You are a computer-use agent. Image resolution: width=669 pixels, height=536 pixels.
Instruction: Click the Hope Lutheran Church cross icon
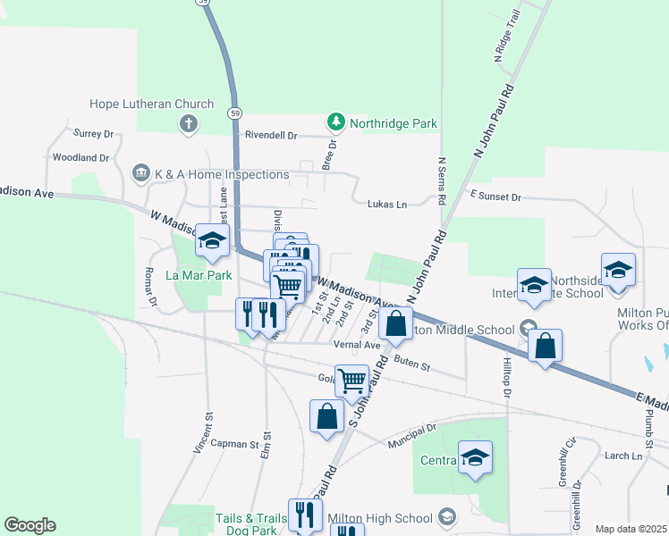pos(188,123)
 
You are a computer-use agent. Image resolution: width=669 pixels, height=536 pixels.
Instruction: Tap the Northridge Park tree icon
pos(335,121)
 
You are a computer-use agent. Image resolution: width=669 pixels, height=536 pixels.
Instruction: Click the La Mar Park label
pos(199,275)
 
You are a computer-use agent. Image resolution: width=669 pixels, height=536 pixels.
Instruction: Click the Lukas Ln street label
pos(387,205)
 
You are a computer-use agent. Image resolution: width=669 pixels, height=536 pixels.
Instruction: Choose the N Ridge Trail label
pos(506,42)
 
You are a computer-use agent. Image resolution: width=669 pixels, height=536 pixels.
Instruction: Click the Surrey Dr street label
pos(94,134)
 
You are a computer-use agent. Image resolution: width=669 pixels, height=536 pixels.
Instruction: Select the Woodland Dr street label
pos(80,157)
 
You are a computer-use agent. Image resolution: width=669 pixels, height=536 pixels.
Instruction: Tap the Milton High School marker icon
pos(447,517)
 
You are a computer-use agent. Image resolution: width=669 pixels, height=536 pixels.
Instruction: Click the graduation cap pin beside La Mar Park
pos(213,240)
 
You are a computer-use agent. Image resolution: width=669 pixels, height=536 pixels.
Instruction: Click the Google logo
pos(30,525)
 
